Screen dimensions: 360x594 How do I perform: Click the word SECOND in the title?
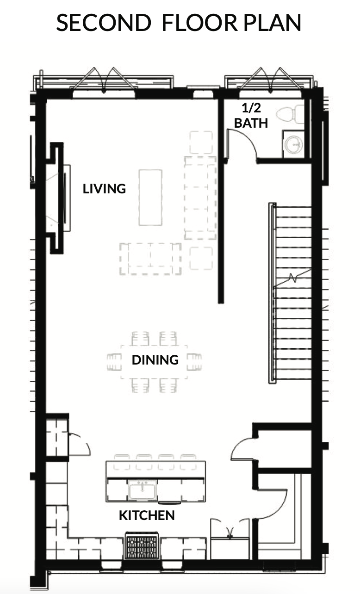(104, 23)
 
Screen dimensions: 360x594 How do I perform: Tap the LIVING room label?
(104, 189)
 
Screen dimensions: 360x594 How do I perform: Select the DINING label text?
(155, 360)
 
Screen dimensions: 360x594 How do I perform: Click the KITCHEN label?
(147, 515)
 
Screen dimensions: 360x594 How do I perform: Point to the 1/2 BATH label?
(251, 116)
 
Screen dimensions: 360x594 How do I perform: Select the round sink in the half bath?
(294, 144)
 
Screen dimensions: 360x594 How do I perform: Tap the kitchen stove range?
(142, 546)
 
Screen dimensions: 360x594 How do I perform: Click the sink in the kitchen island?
(143, 490)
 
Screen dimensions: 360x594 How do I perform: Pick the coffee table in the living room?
(150, 198)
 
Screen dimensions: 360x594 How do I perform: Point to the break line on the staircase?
(292, 278)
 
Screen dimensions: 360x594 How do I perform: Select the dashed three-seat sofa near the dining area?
(150, 259)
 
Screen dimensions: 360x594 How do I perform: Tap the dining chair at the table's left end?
(114, 362)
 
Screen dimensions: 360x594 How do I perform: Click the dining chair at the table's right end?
(194, 362)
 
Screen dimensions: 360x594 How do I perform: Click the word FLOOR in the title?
(199, 23)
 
